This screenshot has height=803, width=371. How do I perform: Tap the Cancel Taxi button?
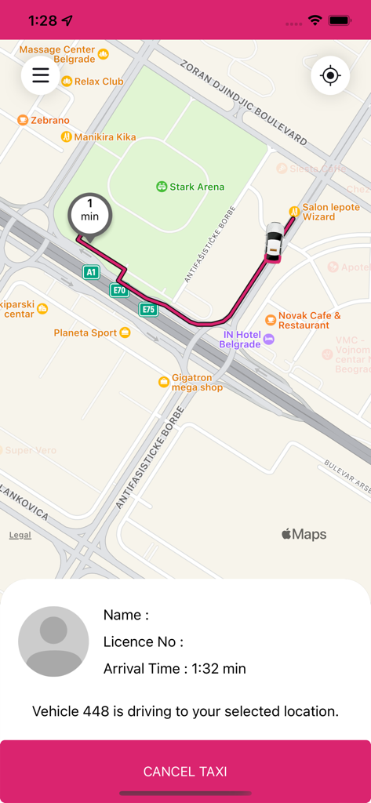(x=185, y=772)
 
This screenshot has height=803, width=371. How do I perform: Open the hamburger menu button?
(x=40, y=75)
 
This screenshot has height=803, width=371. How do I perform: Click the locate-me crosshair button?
(x=330, y=76)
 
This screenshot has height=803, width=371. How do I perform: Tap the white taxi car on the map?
(x=274, y=241)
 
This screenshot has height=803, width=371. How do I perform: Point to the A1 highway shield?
(x=92, y=272)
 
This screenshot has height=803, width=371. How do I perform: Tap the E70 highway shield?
(x=119, y=290)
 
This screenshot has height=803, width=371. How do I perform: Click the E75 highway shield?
(x=148, y=309)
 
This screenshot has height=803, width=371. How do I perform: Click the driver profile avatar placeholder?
(x=53, y=641)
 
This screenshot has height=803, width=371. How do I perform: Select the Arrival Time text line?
(x=175, y=669)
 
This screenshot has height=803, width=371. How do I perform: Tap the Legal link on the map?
(x=20, y=535)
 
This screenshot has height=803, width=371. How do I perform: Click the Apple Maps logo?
(x=304, y=535)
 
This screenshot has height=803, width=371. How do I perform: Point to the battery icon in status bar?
(x=340, y=20)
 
